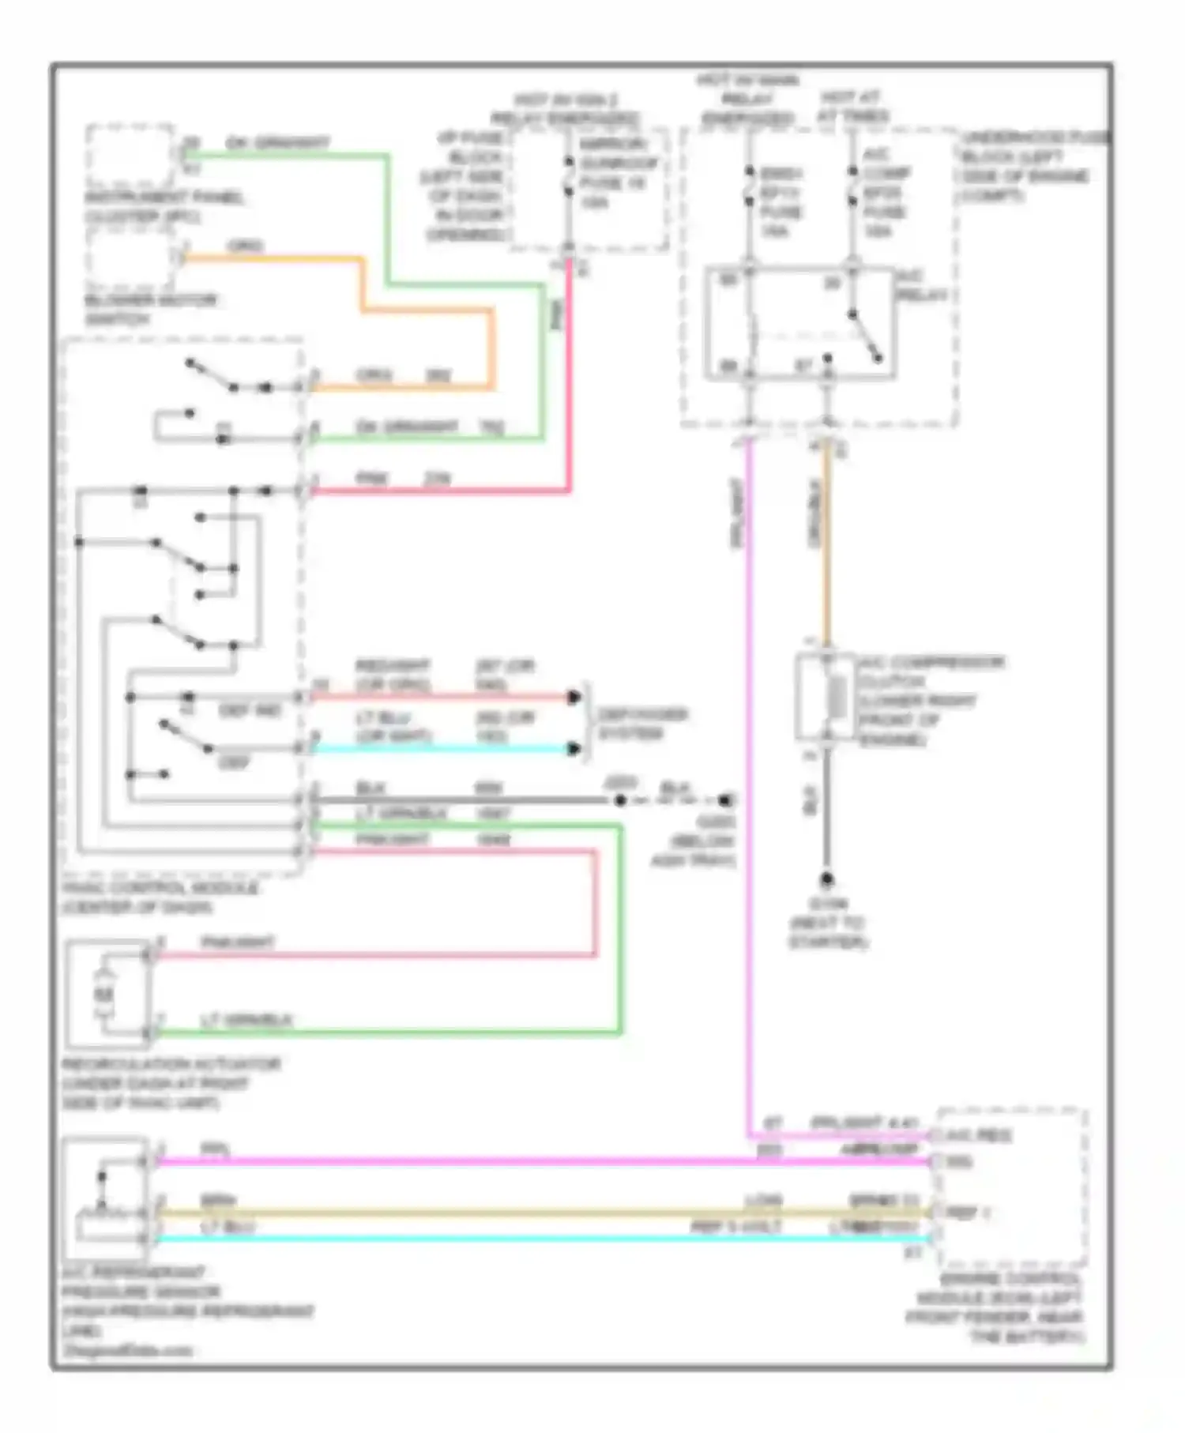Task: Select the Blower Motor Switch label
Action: pyautogui.click(x=150, y=310)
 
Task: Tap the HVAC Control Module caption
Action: pyautogui.click(x=160, y=897)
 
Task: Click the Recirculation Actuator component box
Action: pyautogui.click(x=107, y=993)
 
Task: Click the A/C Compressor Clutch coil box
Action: pyautogui.click(x=825, y=698)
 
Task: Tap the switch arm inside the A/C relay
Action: pyautogui.click(x=865, y=337)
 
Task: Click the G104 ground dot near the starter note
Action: pyautogui.click(x=826, y=879)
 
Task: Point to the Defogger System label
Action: pyautogui.click(x=641, y=724)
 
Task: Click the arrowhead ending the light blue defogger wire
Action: pyautogui.click(x=574, y=748)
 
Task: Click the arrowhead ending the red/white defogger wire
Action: pyautogui.click(x=574, y=697)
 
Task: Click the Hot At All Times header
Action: pyautogui.click(x=852, y=107)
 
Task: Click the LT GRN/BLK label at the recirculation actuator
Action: pyautogui.click(x=246, y=1021)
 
